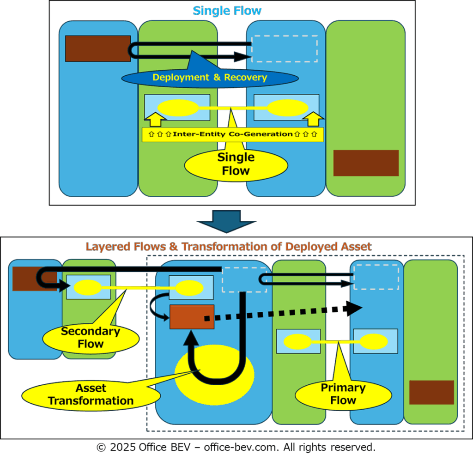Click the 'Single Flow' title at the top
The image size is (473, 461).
click(x=227, y=11)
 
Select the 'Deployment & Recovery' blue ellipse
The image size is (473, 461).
click(x=210, y=78)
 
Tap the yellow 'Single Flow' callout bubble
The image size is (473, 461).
click(x=236, y=164)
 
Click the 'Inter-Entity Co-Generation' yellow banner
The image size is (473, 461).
click(x=232, y=134)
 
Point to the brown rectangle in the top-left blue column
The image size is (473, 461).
click(x=97, y=49)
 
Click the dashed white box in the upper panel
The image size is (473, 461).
click(x=284, y=49)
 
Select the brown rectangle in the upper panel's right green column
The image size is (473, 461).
click(x=366, y=163)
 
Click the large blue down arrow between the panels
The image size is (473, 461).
click(x=226, y=221)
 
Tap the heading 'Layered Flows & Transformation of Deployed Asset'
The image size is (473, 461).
click(x=228, y=246)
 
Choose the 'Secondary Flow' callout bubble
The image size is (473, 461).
click(x=91, y=338)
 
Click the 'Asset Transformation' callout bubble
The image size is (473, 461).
click(x=91, y=394)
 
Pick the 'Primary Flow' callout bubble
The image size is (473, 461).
click(x=343, y=394)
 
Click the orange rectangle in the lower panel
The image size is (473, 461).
click(x=192, y=317)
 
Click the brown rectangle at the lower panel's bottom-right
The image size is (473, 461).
click(x=431, y=393)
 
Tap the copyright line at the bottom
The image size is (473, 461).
click(x=236, y=447)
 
